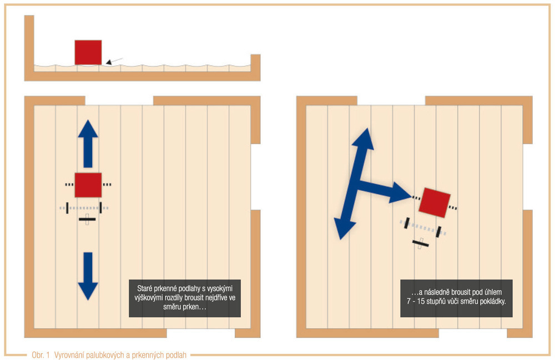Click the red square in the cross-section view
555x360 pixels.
(88, 52)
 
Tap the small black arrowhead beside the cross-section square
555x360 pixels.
(109, 62)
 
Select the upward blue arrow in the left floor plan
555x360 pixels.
(88, 144)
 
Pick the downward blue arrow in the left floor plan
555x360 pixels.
(88, 276)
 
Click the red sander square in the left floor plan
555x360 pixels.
(88, 185)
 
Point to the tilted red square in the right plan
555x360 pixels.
(435, 202)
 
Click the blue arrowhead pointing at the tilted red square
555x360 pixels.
(401, 192)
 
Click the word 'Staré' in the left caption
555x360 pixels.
(144, 288)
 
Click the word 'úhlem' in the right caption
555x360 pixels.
(492, 292)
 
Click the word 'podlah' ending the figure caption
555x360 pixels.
(177, 355)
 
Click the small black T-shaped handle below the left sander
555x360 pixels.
(87, 220)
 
